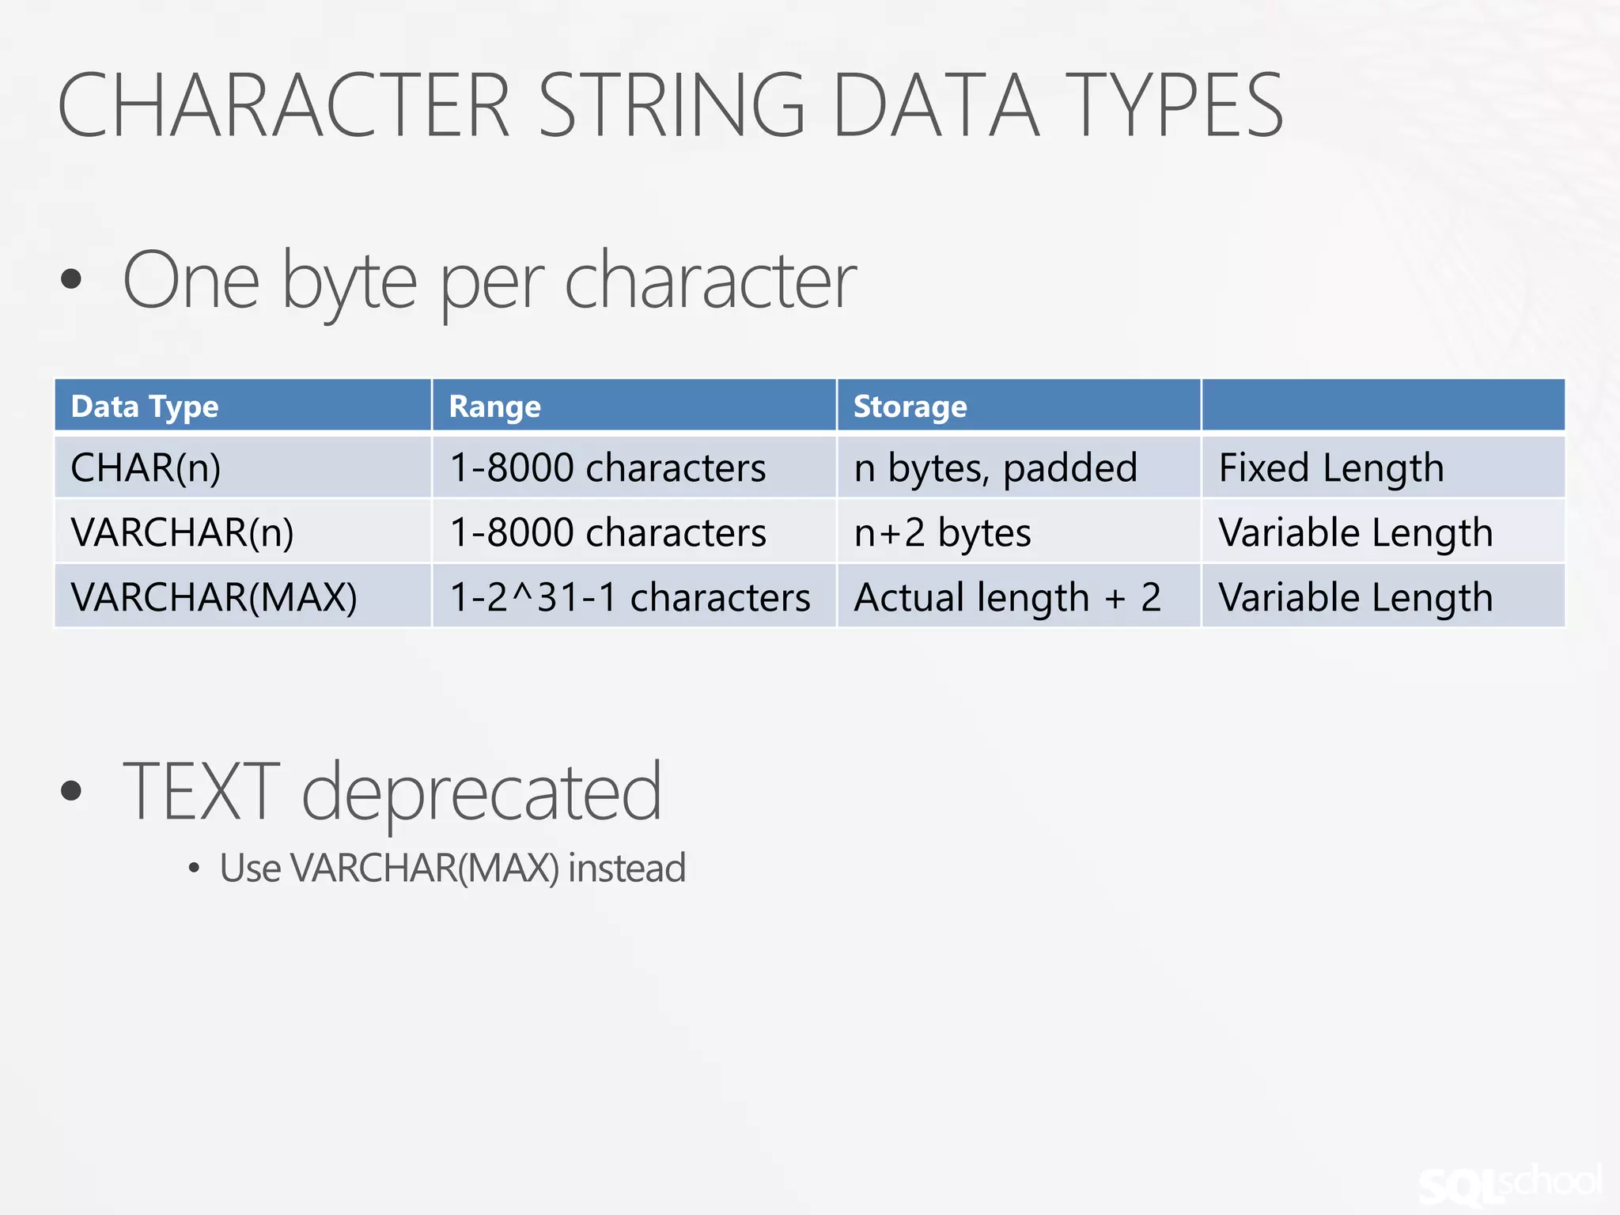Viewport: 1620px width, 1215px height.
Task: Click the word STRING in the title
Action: click(x=672, y=105)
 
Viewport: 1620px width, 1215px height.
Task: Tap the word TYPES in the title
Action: click(x=1174, y=105)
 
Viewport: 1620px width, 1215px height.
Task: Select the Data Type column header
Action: click(x=145, y=407)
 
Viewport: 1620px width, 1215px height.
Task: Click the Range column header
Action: click(x=495, y=407)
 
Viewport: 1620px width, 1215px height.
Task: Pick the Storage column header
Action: click(x=910, y=407)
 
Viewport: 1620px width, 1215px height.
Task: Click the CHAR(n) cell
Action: click(x=146, y=467)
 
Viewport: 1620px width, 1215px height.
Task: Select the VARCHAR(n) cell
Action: click(x=182, y=532)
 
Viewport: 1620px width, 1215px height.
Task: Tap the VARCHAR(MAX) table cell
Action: click(x=214, y=597)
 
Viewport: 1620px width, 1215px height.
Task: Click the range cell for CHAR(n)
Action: click(x=607, y=467)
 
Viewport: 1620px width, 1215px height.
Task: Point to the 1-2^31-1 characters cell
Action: click(x=630, y=597)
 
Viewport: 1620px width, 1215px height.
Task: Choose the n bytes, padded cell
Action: click(x=995, y=467)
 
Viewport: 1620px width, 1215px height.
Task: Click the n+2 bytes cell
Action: click(x=942, y=532)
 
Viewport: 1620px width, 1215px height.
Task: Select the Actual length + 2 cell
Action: click(x=1007, y=597)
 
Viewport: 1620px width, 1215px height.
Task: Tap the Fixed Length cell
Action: click(x=1331, y=467)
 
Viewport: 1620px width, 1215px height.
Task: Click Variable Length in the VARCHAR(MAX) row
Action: click(x=1356, y=597)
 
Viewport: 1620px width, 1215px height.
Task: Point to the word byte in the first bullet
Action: click(x=349, y=282)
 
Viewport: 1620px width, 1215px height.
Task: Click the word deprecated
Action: click(x=481, y=792)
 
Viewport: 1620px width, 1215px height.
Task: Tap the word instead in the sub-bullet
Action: click(x=626, y=868)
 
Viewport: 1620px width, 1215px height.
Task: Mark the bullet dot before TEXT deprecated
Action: click(x=71, y=790)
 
